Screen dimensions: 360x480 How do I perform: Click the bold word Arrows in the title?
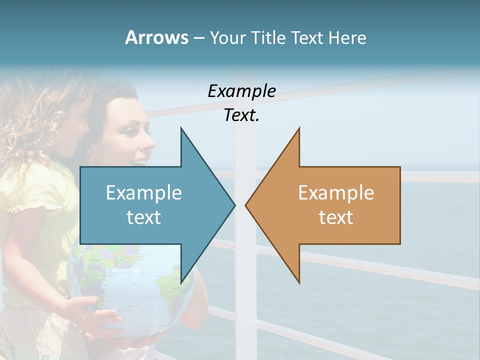[156, 37]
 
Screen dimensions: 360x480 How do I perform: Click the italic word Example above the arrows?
[241, 91]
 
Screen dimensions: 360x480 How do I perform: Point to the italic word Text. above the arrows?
[241, 115]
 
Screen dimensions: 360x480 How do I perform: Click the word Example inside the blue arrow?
[144, 192]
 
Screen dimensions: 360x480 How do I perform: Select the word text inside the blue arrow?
[144, 217]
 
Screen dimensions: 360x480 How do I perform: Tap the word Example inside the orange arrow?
[336, 192]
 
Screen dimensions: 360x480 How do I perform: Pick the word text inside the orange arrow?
[336, 217]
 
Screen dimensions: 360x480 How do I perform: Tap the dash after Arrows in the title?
[198, 38]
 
